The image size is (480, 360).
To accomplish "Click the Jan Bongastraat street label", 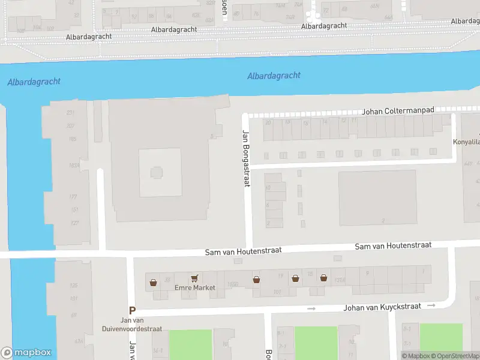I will tap(245, 158).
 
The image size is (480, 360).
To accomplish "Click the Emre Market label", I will tap(194, 288).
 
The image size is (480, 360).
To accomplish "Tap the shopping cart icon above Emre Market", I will tap(194, 278).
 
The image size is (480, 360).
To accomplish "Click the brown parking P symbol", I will tap(132, 311).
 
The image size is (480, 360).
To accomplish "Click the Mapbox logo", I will tap(26, 353).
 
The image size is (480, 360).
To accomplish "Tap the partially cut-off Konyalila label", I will tap(466, 143).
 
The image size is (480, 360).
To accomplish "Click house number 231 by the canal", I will tap(71, 113).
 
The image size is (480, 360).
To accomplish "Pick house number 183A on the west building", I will tap(74, 166).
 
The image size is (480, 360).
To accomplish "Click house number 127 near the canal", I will tap(74, 223).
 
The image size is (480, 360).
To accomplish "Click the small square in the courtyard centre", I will tap(156, 173).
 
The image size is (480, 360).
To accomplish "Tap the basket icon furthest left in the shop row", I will tap(154, 282).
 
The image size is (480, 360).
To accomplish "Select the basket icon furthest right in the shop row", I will tap(323, 278).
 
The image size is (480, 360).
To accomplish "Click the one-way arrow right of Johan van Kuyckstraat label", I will tap(431, 305).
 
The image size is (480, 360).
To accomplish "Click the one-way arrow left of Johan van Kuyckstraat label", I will tap(311, 309).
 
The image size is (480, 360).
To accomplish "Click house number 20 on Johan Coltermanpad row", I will tap(268, 122).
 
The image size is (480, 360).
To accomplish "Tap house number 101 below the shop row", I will tap(277, 292).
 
